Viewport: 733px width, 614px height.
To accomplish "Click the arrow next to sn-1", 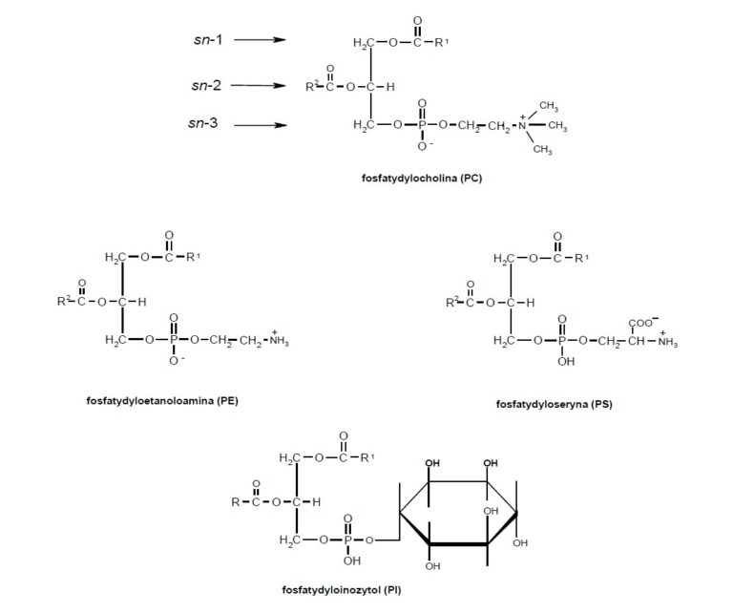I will pyautogui.click(x=260, y=40).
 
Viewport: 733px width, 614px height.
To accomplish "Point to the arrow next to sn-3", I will pyautogui.click(x=260, y=125).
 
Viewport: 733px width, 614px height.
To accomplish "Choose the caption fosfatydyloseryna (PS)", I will pyautogui.click(x=554, y=404).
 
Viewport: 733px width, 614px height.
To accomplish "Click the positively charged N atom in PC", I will pyautogui.click(x=521, y=126).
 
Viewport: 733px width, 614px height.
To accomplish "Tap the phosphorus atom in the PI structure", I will pyautogui.click(x=346, y=540).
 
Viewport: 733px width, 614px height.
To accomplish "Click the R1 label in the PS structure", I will pyautogui.click(x=583, y=258).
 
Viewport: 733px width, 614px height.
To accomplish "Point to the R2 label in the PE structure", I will pyautogui.click(x=64, y=303).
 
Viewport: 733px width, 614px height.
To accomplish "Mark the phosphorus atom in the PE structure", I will pyautogui.click(x=173, y=340).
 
